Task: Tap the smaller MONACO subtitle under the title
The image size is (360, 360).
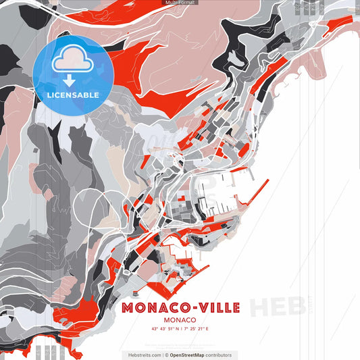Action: (x=180, y=320)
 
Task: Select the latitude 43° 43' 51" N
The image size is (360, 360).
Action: (x=165, y=330)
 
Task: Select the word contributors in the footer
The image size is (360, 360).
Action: (x=219, y=355)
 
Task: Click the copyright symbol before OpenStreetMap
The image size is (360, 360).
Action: (x=167, y=355)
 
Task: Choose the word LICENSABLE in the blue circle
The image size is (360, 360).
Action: (x=73, y=95)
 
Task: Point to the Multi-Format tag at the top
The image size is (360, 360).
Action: (x=180, y=3)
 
